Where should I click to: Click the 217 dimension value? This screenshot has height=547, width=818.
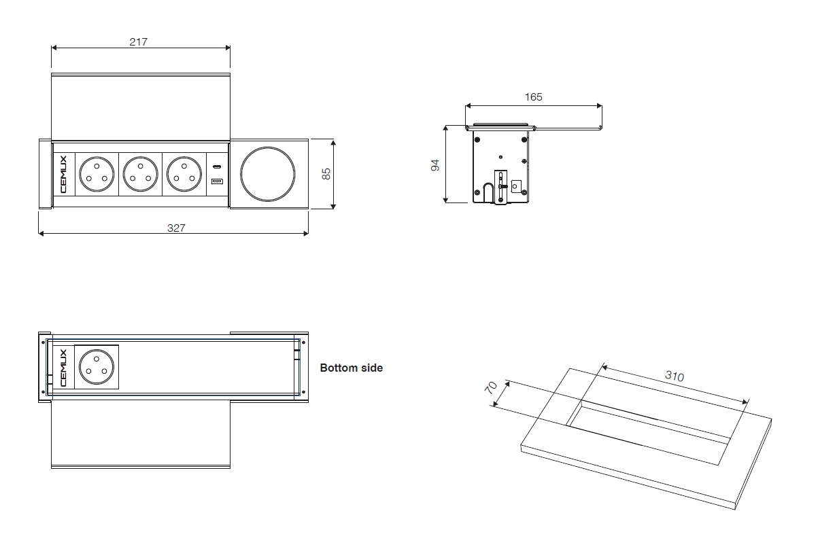[x=139, y=41]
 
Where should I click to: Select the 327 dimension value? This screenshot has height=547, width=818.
[x=176, y=228]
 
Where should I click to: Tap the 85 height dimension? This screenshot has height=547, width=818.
[x=326, y=174]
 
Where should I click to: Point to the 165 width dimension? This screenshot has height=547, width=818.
[x=534, y=97]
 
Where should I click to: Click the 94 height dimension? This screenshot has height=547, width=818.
[x=436, y=164]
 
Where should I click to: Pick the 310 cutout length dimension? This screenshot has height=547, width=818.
[x=674, y=376]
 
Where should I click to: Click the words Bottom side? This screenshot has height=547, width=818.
[x=352, y=368]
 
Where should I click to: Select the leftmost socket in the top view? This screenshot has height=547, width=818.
[x=96, y=174]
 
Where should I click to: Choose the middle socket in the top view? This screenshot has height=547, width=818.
[x=140, y=174]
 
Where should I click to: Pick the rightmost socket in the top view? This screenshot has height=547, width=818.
[x=184, y=174]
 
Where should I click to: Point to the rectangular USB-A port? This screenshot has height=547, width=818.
[x=217, y=182]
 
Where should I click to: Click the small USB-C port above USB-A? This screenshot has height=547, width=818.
[x=217, y=166]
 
